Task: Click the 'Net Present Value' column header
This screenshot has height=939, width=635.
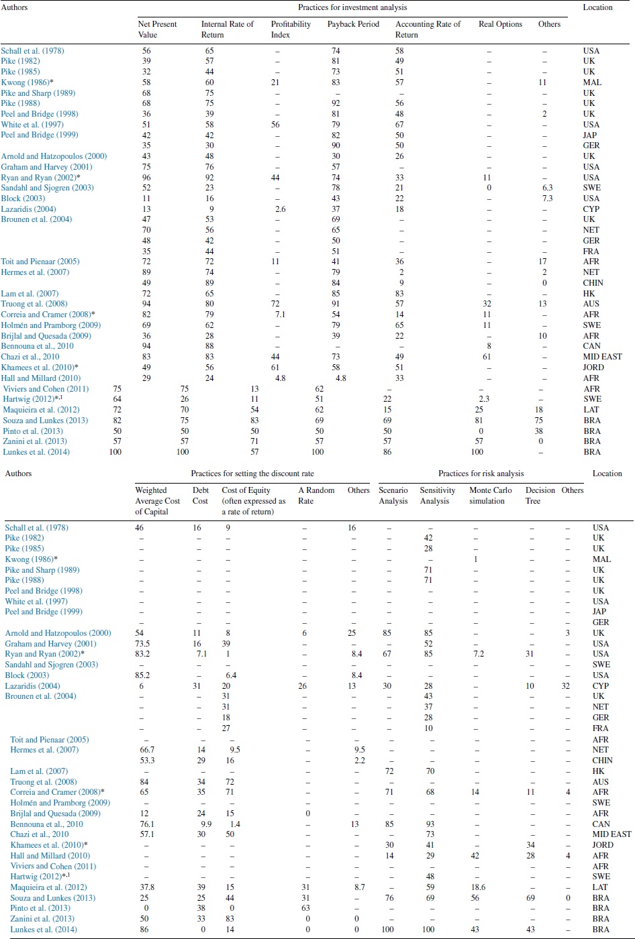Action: click(x=157, y=30)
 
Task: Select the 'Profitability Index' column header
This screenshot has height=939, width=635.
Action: click(x=291, y=30)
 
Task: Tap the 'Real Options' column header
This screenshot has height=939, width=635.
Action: click(x=500, y=24)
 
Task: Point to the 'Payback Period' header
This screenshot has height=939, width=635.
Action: click(x=353, y=24)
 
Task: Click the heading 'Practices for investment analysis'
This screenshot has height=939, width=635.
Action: click(x=352, y=8)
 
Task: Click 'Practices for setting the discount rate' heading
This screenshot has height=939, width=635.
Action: click(x=252, y=474)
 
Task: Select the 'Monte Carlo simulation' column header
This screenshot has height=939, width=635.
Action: click(x=490, y=496)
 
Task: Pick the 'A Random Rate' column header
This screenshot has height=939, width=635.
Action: click(x=316, y=496)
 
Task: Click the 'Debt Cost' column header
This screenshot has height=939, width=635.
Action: click(x=200, y=496)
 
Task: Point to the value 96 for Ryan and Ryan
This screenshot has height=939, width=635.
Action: click(x=146, y=178)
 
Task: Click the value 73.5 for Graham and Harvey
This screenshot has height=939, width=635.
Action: click(x=144, y=644)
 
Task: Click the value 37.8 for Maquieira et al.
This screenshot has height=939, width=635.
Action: click(x=144, y=887)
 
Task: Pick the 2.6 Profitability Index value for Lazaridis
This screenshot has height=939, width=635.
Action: click(x=281, y=209)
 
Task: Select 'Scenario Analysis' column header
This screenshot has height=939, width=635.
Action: click(x=393, y=496)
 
